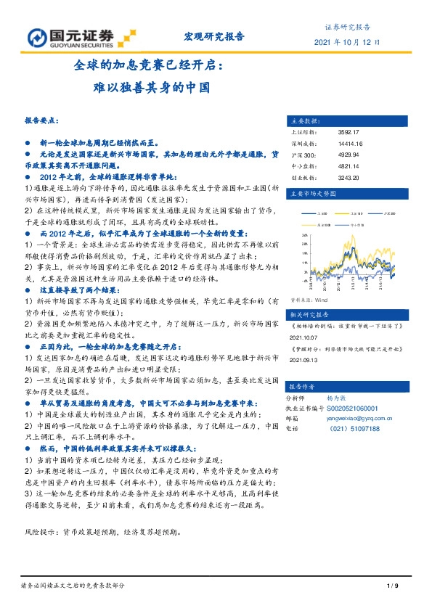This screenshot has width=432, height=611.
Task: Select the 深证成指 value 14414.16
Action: pos(330,144)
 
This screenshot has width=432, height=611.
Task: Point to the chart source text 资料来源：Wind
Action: pos(310,298)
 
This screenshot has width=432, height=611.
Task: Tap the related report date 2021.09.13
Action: pos(304,358)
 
